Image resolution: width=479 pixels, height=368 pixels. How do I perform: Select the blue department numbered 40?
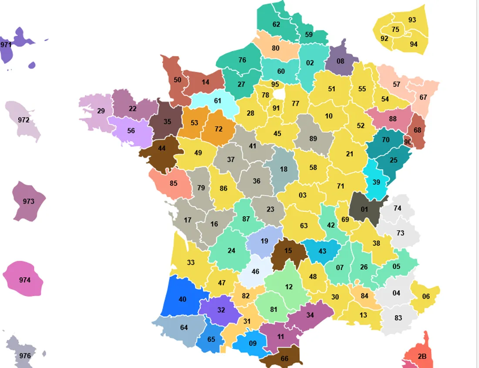[x=182, y=299]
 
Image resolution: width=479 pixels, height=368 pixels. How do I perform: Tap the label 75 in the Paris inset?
[x=395, y=30]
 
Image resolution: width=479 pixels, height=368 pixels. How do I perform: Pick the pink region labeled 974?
[x=25, y=280]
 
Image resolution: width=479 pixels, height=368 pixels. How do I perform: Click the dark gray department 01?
[x=364, y=209]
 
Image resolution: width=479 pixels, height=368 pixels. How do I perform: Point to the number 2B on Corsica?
[x=422, y=356]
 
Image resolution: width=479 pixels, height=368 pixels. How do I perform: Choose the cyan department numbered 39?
[x=376, y=182]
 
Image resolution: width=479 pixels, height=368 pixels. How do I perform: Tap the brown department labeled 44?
[x=162, y=148]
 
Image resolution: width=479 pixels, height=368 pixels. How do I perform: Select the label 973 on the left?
[x=29, y=201]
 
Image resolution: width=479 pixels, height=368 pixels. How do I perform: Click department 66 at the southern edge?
[x=284, y=358]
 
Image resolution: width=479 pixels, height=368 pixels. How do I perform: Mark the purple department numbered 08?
[x=341, y=61]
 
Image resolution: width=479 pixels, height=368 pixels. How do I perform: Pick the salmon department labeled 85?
[x=174, y=183]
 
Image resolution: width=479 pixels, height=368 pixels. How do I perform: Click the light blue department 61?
[x=218, y=101]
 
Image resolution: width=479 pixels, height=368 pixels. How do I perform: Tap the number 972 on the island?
[x=24, y=119]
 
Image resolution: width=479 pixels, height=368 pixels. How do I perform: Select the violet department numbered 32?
[x=221, y=310]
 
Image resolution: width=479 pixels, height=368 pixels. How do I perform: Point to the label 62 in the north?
[x=276, y=24]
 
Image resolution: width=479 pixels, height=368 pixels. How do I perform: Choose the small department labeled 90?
[x=408, y=142]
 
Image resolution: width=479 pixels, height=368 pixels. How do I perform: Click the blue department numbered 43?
[x=322, y=251]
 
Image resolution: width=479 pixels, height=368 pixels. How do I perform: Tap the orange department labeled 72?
[x=219, y=129]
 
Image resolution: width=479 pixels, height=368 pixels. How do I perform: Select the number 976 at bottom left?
[x=25, y=356]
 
